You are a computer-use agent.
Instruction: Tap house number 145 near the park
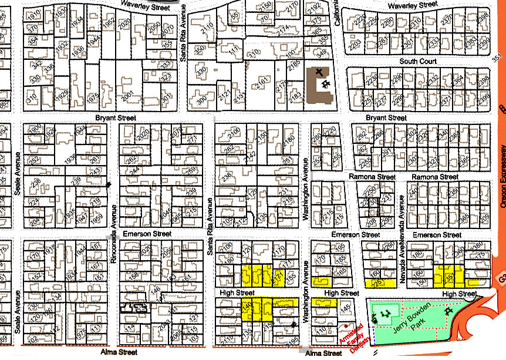tap(345, 307)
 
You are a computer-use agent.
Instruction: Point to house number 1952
tap(107, 24)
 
